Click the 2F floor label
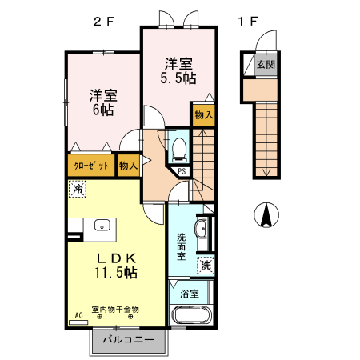103,22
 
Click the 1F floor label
247,22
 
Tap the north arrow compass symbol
266,214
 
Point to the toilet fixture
179,148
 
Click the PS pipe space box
182,170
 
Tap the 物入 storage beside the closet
128,166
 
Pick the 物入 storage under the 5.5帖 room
203,114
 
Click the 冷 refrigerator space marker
78,190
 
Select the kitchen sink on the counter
102,225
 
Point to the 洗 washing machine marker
206,265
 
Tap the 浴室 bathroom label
190,293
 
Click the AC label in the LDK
78,315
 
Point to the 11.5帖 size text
117,273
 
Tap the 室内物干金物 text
116,309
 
